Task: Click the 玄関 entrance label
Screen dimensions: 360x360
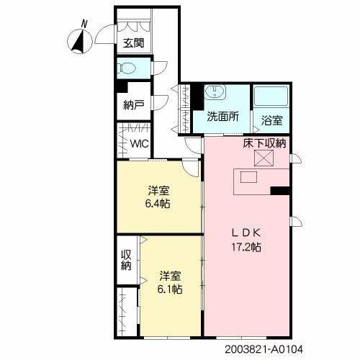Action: (133, 42)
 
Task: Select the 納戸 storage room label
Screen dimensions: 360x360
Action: (134, 105)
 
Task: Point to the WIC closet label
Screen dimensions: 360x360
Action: (140, 143)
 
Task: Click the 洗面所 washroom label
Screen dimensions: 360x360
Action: (223, 116)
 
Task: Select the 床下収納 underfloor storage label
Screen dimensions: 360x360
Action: (265, 143)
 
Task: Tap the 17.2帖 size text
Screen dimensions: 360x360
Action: (246, 246)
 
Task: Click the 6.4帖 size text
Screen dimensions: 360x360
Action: (159, 204)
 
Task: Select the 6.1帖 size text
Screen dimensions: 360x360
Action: (169, 289)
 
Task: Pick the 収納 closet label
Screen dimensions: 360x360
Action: (126, 260)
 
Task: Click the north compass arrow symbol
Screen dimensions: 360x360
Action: (78, 42)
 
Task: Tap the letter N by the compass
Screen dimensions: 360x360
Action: (84, 24)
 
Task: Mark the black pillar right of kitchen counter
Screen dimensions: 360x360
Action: (281, 191)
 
